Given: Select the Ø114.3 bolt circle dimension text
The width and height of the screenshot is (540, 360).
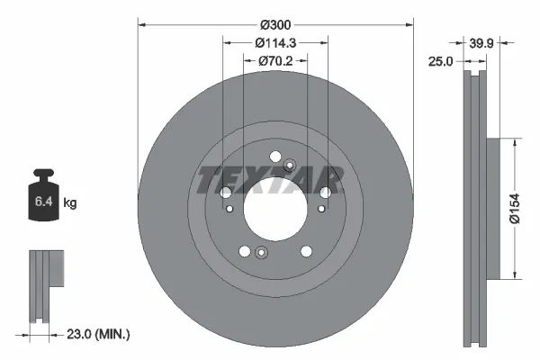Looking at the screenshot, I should pos(274,41).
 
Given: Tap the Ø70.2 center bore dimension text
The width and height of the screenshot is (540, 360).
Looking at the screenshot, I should pos(274,61).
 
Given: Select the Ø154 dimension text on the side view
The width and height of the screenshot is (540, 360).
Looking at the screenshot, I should pos(526,209).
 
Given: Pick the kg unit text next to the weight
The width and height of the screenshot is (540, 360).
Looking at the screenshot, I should pos(71,203).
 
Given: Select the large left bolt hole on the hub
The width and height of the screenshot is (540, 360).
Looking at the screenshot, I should pos(226,192).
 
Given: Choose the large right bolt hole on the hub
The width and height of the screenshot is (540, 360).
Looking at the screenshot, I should pos(323,192).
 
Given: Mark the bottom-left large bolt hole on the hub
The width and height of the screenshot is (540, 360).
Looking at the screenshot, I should pos(245,251).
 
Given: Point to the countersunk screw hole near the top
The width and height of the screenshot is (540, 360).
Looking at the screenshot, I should pos(290,166).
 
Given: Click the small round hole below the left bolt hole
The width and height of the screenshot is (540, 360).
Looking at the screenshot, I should pos(231,210).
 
